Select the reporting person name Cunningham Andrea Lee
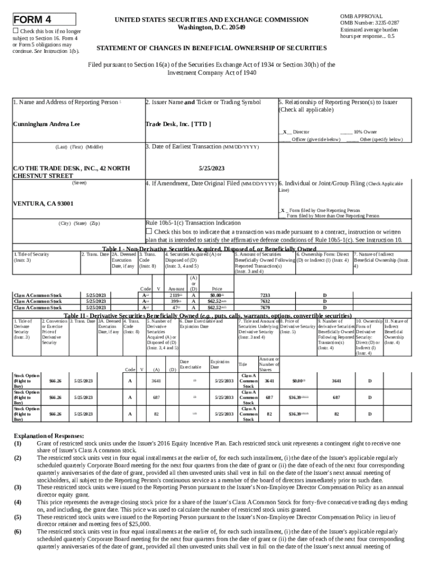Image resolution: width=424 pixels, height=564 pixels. pyautogui.click(x=46, y=124)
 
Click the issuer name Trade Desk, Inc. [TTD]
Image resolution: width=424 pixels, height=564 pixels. pyautogui.click(x=177, y=124)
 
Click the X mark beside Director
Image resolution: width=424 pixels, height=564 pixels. pyautogui.click(x=284, y=132)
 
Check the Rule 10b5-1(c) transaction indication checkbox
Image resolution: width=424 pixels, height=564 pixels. pyautogui.click(x=148, y=231)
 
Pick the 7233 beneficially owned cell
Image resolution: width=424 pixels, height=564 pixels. pyautogui.click(x=264, y=296)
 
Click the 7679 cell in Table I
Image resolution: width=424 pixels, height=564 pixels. pyautogui.click(x=264, y=307)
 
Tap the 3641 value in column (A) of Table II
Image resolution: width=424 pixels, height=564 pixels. pyautogui.click(x=156, y=381)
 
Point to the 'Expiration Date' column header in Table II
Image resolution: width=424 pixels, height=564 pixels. pyautogui.click(x=219, y=364)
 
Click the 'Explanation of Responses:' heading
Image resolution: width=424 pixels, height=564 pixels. pyautogui.click(x=49, y=436)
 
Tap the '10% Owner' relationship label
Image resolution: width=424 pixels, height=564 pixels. pyautogui.click(x=366, y=132)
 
